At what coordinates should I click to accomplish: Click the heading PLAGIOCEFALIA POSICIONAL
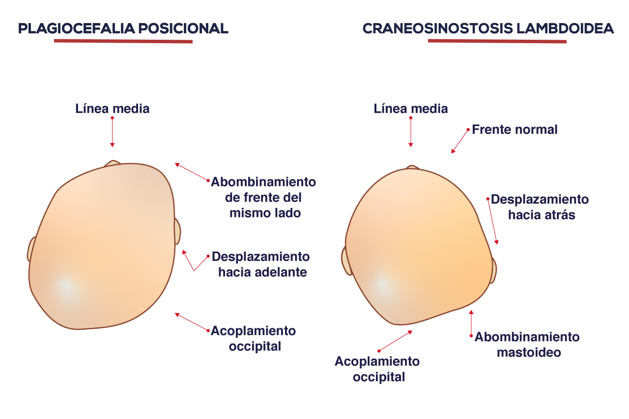click(123, 28)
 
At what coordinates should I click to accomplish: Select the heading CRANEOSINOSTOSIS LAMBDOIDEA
click(488, 28)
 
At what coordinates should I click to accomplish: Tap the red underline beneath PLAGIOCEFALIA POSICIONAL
click(123, 41)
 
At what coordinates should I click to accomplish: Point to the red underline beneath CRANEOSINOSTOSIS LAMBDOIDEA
click(497, 41)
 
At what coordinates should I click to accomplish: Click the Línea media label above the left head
click(113, 109)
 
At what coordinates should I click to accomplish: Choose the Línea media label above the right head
click(410, 109)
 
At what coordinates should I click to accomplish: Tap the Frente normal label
click(515, 130)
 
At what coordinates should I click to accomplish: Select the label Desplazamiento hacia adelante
click(261, 264)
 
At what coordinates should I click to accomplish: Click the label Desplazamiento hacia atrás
click(540, 207)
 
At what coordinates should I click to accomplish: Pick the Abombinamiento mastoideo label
click(527, 345)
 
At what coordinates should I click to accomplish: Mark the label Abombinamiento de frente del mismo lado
click(263, 197)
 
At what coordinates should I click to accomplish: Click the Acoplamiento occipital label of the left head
click(253, 339)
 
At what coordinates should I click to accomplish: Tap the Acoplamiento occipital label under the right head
click(377, 369)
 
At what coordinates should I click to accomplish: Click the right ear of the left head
click(177, 232)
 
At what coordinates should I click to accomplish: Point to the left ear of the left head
click(31, 250)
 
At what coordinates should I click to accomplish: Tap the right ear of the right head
click(493, 270)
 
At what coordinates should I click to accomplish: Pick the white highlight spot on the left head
click(66, 287)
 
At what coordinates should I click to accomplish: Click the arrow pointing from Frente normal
click(459, 141)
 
